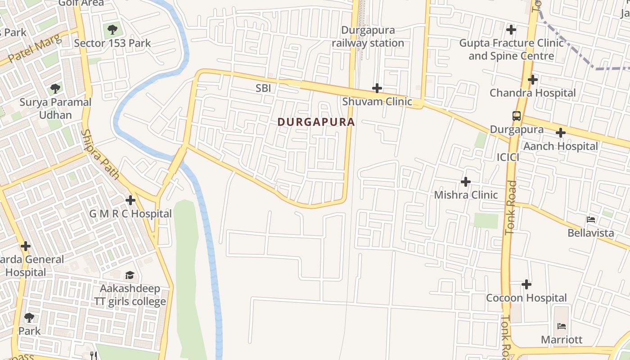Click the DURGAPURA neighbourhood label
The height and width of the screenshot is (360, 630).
(x=316, y=122)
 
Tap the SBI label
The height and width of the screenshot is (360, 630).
(x=263, y=88)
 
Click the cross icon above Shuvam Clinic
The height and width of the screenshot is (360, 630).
(x=377, y=88)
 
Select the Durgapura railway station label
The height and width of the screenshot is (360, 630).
(x=368, y=37)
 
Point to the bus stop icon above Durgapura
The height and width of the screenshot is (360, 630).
(x=517, y=116)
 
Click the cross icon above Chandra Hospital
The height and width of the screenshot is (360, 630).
(x=533, y=80)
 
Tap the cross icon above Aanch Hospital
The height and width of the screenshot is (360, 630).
(x=560, y=133)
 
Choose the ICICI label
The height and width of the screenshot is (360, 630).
(x=508, y=157)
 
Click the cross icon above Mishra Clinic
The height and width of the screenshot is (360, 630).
(x=466, y=182)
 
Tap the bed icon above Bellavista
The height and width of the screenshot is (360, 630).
(x=591, y=220)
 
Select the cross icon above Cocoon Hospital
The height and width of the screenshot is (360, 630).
(x=526, y=284)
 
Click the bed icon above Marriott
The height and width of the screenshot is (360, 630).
(x=561, y=326)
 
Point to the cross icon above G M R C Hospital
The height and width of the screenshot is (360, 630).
(x=130, y=200)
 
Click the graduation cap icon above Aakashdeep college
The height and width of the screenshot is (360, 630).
(x=130, y=275)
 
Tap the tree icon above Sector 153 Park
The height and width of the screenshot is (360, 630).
(x=112, y=30)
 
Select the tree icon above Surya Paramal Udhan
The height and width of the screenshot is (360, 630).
(x=55, y=89)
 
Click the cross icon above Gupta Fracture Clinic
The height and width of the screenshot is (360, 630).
(x=511, y=30)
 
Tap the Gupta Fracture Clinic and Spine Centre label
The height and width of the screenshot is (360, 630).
(x=511, y=50)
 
